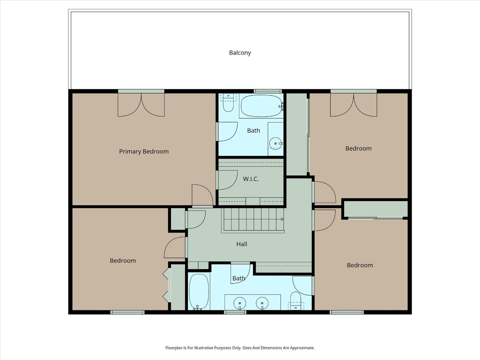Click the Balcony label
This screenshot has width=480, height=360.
240,53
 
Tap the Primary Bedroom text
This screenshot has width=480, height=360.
144,151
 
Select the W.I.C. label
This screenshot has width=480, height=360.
251,179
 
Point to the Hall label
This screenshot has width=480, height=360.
242,244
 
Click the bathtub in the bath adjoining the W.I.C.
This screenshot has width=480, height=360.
261,106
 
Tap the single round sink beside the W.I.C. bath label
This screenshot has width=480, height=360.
276,144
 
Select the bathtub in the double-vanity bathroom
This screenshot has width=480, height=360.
199,292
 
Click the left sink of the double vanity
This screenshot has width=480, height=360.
240,303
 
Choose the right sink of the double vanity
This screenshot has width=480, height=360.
262,303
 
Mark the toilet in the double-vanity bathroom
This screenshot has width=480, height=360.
296,300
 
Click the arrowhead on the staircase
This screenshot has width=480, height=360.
282,219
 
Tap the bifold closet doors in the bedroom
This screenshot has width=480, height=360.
166,285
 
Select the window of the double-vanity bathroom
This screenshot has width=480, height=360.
235,312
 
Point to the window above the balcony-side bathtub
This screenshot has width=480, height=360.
268,91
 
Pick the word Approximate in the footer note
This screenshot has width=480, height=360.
302,348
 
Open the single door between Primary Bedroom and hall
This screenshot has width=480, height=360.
202,196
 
